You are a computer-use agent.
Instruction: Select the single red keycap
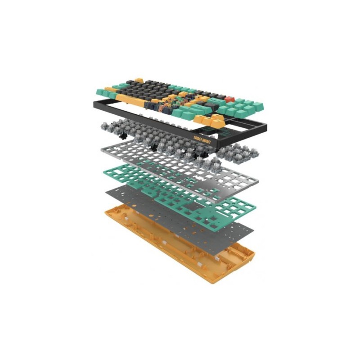tap(230, 99)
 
